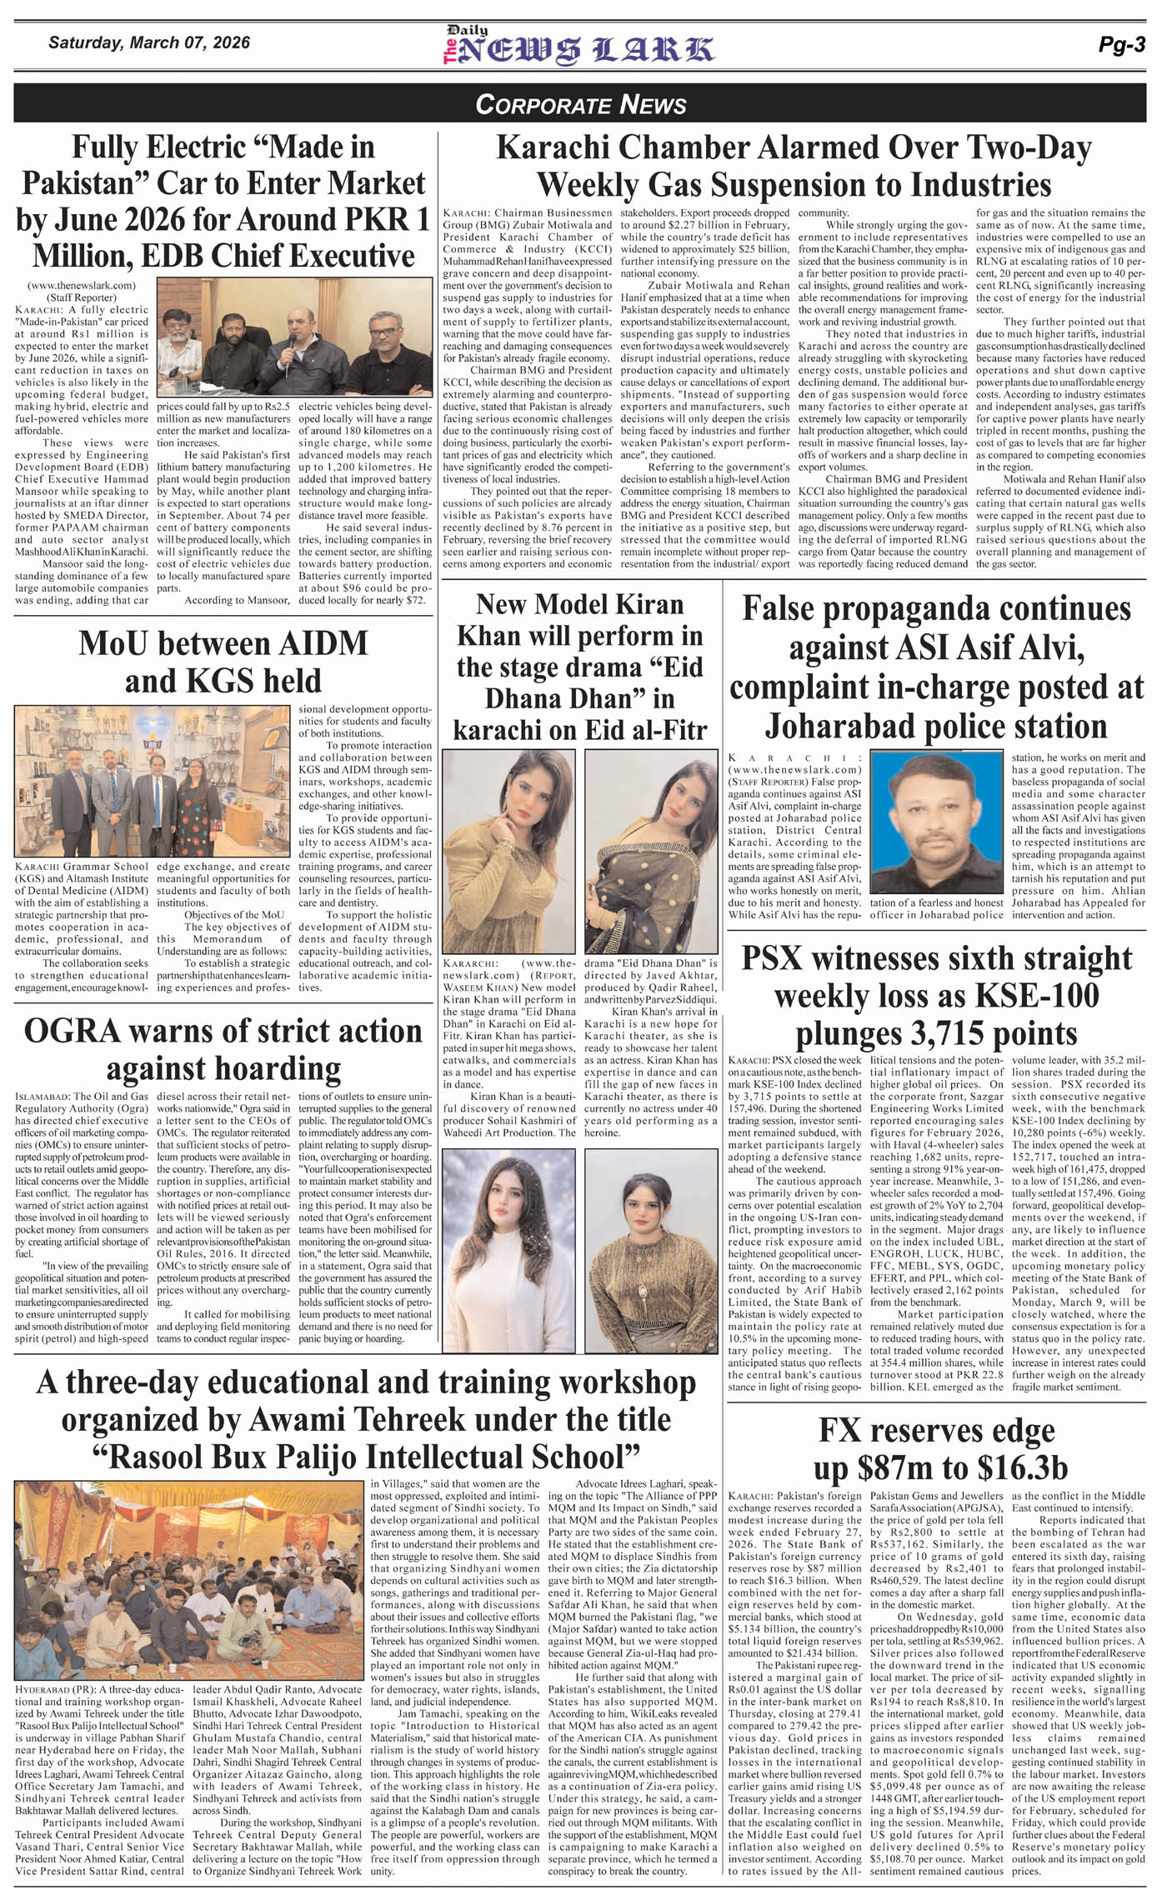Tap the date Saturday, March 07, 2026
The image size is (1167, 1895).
click(148, 42)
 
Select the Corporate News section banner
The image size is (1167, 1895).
click(581, 104)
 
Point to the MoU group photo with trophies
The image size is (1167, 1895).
click(152, 781)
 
